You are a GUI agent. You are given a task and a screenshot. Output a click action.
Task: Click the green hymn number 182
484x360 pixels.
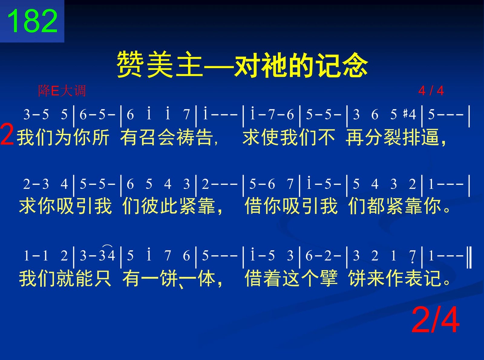point(32,21)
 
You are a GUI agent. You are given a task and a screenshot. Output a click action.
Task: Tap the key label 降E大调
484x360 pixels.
point(62,91)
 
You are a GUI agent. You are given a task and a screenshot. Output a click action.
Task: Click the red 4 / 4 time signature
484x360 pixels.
point(431,91)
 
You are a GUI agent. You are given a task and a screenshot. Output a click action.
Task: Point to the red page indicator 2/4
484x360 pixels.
point(436,320)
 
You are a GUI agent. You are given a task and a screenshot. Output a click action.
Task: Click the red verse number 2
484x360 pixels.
point(7,137)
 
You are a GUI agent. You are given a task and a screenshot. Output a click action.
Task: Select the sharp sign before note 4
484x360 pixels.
point(405,113)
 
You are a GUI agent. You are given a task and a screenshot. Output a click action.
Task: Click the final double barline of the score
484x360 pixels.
point(469,257)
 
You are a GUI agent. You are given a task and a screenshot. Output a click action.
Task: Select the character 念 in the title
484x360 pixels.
point(355,64)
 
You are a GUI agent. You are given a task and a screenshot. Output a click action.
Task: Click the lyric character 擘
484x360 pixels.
point(329,278)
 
